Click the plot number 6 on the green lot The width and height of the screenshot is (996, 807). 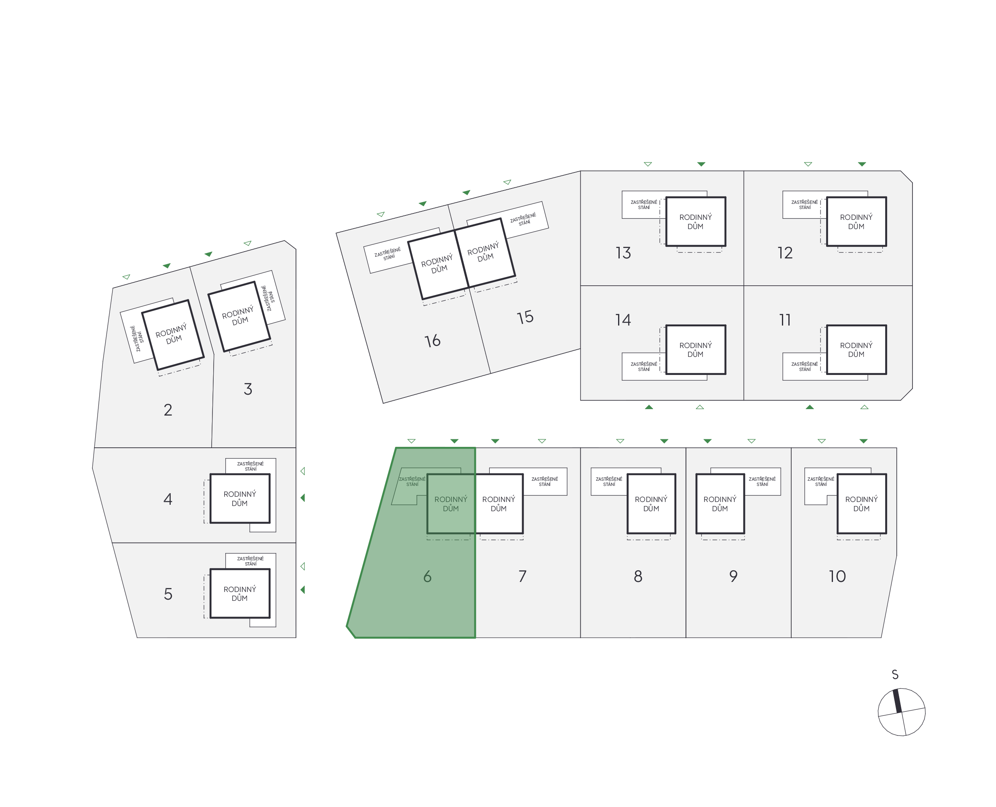427,576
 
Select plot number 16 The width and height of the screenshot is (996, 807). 433,341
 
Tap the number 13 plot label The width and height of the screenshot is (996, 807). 623,253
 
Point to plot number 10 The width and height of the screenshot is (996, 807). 837,576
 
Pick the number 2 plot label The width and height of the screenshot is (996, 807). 168,410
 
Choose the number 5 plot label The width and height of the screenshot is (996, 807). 168,594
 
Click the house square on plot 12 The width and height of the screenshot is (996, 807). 856,222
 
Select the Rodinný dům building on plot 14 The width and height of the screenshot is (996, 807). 696,350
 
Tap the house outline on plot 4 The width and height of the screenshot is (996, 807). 240,498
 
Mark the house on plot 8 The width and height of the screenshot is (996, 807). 651,504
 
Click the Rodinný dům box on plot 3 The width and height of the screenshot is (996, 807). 239,316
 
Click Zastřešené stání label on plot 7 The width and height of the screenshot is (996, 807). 545,481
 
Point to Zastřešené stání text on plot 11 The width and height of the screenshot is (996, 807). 804,366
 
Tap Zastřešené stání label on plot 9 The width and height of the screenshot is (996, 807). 762,481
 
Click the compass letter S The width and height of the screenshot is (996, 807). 895,674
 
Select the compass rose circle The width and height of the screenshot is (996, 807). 901,712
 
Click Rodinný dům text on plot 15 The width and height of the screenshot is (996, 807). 484,252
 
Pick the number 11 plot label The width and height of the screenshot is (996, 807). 785,320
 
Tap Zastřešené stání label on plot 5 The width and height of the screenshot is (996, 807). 250,561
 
